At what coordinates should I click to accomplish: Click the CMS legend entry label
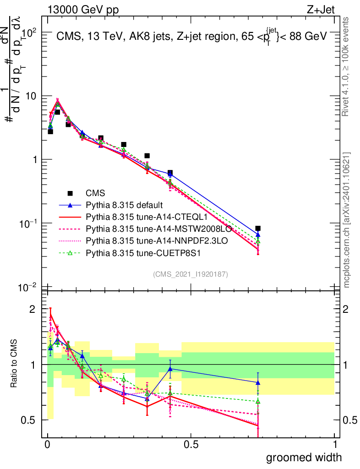coord(95,194)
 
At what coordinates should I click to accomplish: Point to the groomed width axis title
coord(304,457)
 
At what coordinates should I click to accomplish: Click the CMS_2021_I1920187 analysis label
coord(191,274)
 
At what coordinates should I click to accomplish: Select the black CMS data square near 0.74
coord(258,228)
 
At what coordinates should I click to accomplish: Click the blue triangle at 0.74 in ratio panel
coord(258,382)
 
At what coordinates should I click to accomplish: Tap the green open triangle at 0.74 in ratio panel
coord(258,401)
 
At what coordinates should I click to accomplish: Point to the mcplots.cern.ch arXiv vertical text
coord(347,220)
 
